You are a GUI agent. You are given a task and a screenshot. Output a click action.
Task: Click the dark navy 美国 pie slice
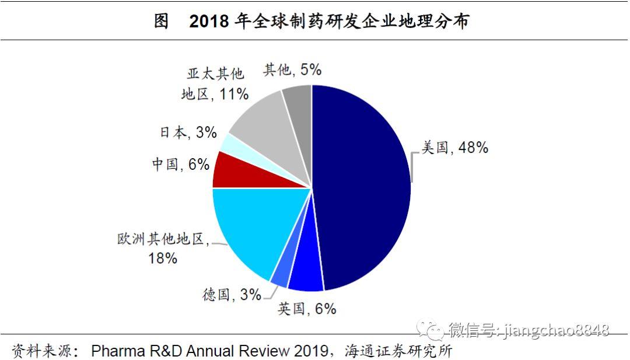point(362,187)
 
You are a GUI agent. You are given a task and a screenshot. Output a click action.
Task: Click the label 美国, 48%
point(454,148)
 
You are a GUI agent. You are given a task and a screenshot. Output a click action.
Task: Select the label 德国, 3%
point(232,295)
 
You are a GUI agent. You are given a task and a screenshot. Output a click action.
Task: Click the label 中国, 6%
point(180,165)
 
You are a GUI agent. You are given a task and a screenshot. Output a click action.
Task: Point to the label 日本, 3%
point(188,132)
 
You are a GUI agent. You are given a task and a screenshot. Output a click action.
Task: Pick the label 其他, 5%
point(292,70)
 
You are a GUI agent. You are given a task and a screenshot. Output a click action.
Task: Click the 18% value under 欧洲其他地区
point(163,258)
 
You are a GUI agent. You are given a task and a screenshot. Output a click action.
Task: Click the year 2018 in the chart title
point(208,21)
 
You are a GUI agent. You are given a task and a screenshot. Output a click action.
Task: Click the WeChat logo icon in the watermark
point(434,330)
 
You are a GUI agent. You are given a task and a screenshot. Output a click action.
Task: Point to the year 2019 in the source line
point(311,351)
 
